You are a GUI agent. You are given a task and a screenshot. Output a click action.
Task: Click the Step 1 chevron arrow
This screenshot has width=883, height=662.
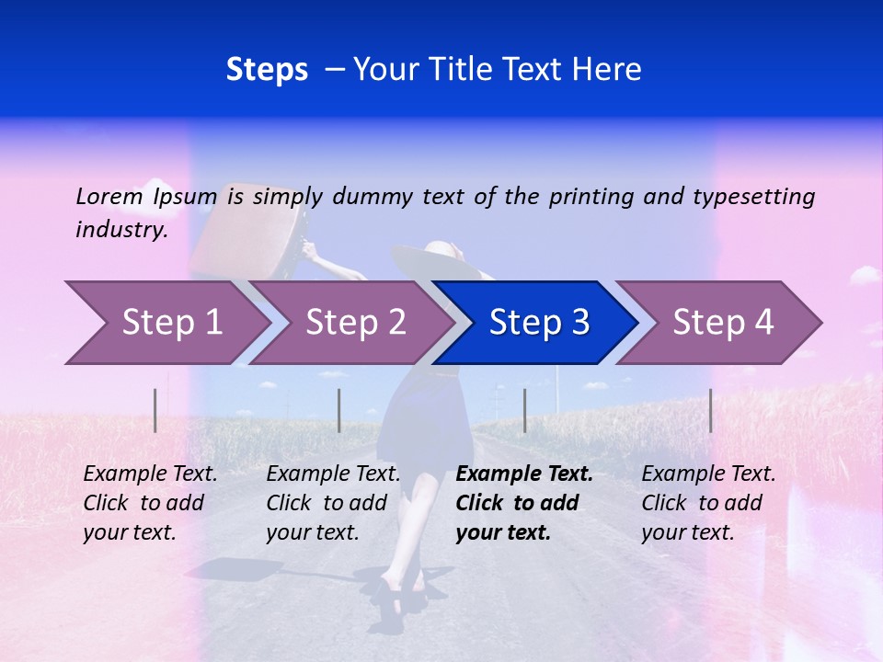click(x=166, y=323)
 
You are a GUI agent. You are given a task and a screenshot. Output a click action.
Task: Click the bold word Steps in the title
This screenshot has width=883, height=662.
click(x=267, y=69)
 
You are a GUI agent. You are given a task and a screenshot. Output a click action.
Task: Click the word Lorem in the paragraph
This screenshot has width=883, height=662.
click(x=109, y=196)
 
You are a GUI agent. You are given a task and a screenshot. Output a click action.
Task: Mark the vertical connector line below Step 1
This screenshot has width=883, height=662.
click(x=155, y=410)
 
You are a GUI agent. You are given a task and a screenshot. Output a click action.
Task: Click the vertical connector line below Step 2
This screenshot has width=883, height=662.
click(x=339, y=410)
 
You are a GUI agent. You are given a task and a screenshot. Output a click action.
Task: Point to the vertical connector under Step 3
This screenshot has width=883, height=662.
click(x=525, y=410)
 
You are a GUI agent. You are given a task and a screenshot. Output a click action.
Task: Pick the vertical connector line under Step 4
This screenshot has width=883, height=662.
click(x=711, y=410)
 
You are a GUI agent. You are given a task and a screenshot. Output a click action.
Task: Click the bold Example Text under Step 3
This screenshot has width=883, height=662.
click(x=524, y=474)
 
